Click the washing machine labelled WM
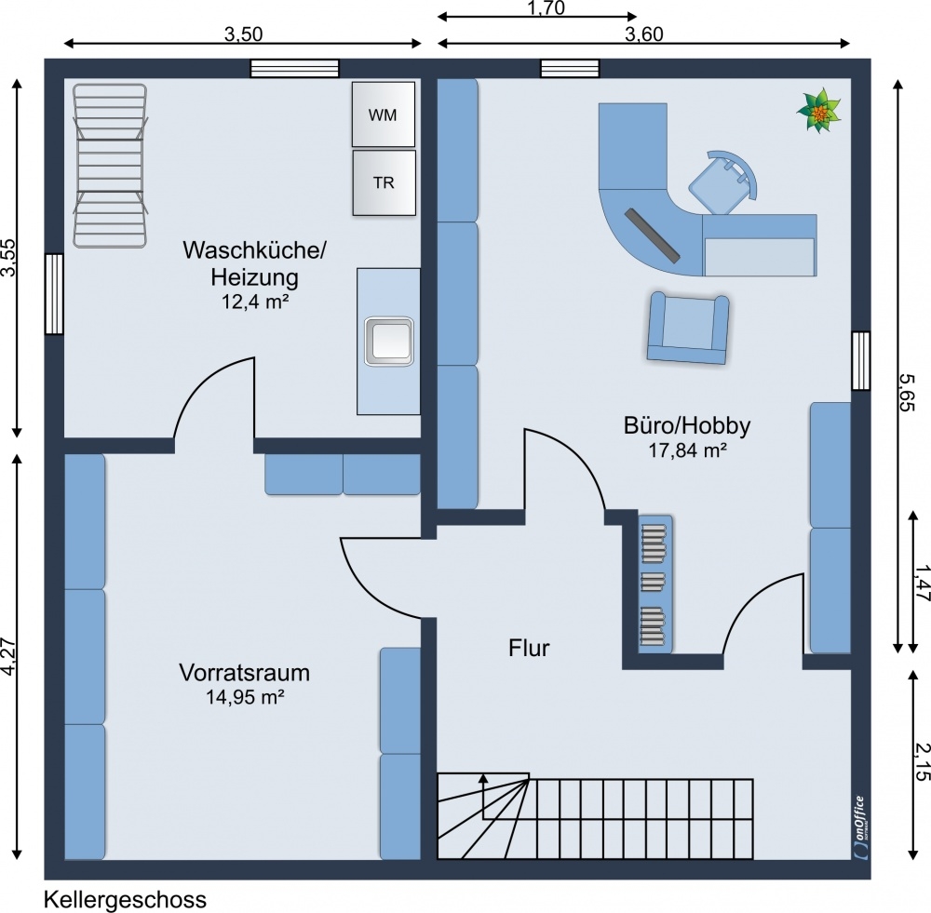pos(383,114)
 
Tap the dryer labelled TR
pos(384,182)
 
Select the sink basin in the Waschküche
pos(389,341)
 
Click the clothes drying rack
pos(111,165)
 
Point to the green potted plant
pos(818,111)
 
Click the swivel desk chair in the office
pos(723,181)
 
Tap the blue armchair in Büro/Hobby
pos(689,327)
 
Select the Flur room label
pos(529,648)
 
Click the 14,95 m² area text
pos(245,696)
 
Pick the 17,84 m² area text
pos(688,450)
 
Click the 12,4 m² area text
pos(255,302)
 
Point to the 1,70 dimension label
pos(546,7)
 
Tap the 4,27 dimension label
pos(8,655)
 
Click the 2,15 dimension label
pos(922,761)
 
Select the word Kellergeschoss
pos(126,899)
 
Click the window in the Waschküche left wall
pos(54,293)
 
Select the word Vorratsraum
pos(245,673)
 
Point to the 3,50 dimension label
pos(243,34)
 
